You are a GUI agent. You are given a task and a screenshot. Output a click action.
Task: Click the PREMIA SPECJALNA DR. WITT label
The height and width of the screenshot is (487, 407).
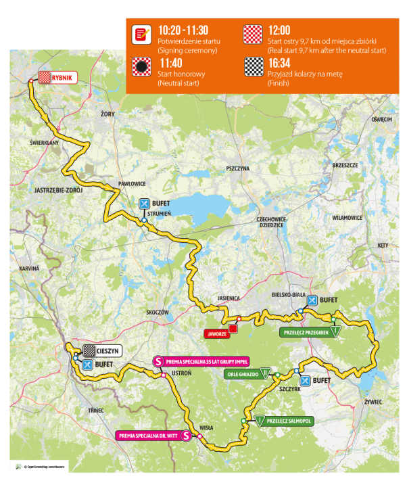[x=154, y=436]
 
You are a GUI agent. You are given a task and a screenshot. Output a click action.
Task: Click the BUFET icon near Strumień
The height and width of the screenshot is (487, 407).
[x=143, y=203]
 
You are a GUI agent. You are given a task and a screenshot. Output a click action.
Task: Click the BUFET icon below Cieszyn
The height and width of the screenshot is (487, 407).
[x=87, y=365]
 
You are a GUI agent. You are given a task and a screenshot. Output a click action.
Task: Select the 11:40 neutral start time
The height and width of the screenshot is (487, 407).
[x=172, y=61]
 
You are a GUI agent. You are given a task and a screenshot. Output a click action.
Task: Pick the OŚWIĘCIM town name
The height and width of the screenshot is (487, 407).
[x=381, y=119]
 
